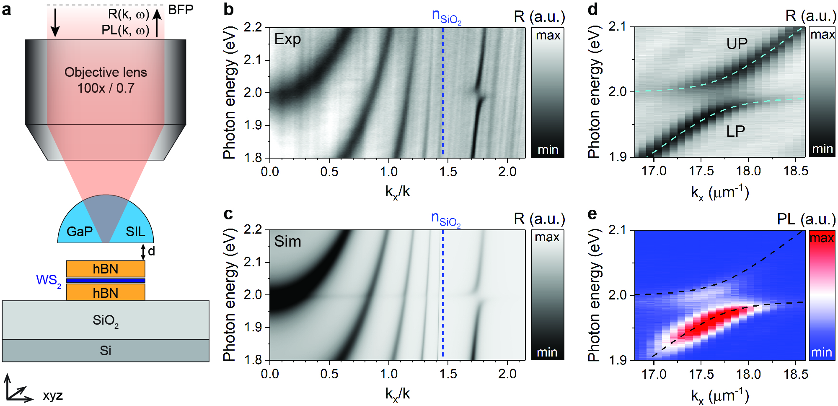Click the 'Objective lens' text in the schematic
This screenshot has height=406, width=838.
(x=106, y=72)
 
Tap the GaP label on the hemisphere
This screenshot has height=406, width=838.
(x=80, y=231)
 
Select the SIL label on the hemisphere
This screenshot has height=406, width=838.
(x=135, y=231)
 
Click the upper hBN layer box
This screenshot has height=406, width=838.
(x=106, y=268)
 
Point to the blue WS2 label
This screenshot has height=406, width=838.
(x=49, y=280)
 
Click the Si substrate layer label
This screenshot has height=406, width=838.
(x=106, y=350)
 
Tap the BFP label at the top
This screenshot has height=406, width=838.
(x=181, y=10)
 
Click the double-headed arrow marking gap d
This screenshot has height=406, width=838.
(x=143, y=252)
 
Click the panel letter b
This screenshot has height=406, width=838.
(x=228, y=9)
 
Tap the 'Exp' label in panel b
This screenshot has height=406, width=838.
(x=287, y=39)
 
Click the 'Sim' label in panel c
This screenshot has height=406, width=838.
(x=287, y=242)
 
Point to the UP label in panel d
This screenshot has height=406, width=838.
(x=737, y=43)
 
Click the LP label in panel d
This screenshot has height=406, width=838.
(x=735, y=131)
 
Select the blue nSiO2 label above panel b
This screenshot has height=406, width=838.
(x=446, y=16)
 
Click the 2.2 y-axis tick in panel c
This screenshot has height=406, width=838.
(x=253, y=230)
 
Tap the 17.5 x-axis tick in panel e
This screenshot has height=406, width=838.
(x=701, y=374)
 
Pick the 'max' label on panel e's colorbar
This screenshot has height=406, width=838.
(x=822, y=238)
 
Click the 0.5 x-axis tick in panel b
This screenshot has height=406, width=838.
(x=329, y=172)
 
